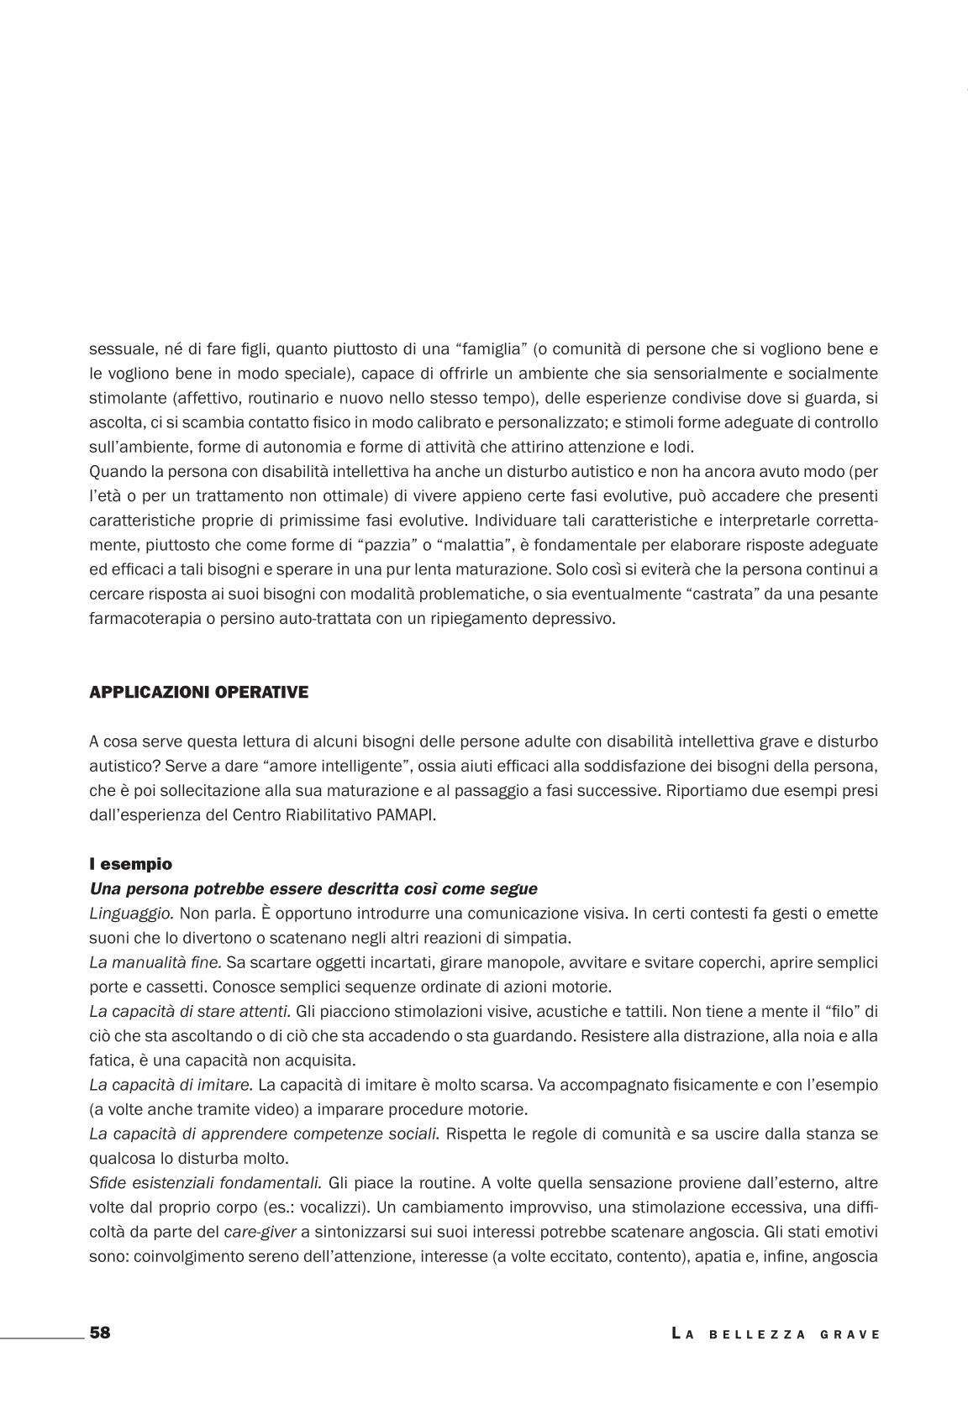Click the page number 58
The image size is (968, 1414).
coord(100,1333)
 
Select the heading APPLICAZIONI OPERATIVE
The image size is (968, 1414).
coord(198,692)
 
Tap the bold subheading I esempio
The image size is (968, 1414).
coord(130,863)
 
